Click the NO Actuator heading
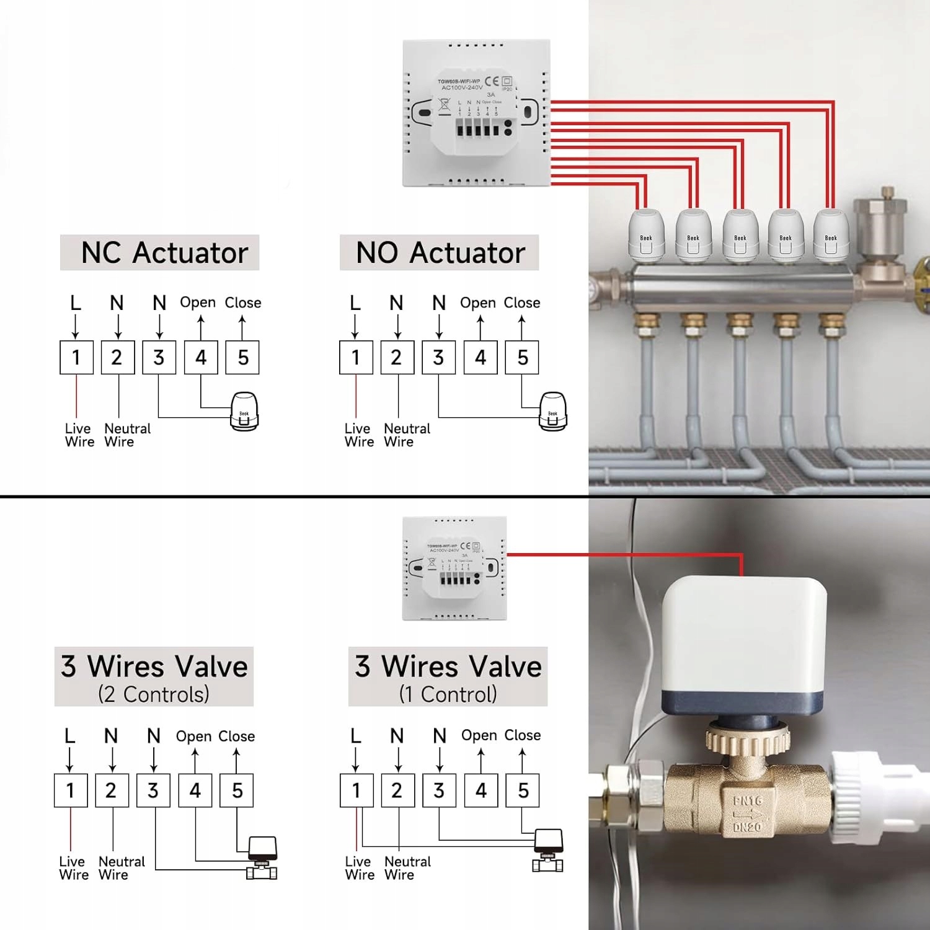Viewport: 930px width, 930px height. click(440, 253)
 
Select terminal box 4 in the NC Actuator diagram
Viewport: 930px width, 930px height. click(201, 358)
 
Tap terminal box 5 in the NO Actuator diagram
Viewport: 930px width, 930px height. click(522, 358)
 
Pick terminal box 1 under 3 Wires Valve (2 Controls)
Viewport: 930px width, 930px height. click(70, 790)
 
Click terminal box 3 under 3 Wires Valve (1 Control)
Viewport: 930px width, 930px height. click(439, 790)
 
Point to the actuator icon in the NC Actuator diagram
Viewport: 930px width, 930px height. click(244, 411)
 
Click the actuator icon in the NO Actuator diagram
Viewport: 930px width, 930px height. click(552, 411)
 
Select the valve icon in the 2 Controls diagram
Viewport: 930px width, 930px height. click(262, 858)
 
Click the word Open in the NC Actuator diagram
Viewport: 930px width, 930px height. click(198, 303)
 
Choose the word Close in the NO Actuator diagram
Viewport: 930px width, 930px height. click(522, 303)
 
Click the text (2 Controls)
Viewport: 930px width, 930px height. click(154, 694)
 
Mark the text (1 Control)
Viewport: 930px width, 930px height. click(448, 694)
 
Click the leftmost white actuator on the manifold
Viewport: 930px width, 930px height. click(647, 234)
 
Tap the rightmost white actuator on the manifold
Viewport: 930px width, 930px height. click(831, 234)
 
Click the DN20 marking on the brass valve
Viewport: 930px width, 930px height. click(746, 827)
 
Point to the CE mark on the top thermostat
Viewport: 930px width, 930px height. click(492, 81)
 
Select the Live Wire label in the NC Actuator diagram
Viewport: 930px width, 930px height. click(79, 435)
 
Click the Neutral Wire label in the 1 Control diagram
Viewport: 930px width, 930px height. click(407, 868)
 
